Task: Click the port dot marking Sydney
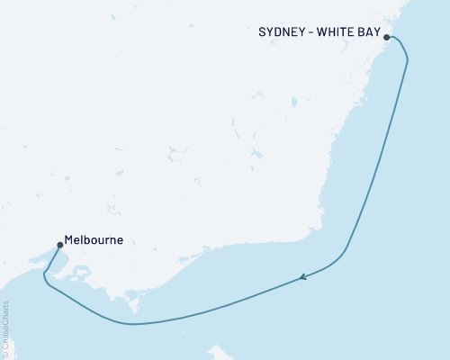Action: (x=387, y=37)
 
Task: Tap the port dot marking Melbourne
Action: (x=59, y=243)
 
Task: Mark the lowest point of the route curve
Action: (x=133, y=324)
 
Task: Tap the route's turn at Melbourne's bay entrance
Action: (x=45, y=283)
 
